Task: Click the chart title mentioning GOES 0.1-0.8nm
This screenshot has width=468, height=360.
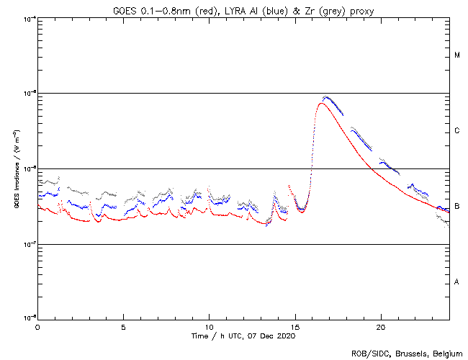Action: point(243,9)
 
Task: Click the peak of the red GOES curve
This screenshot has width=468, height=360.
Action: point(321,104)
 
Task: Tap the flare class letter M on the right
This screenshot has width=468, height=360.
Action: point(457,55)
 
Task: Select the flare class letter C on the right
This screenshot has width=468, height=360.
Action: point(457,131)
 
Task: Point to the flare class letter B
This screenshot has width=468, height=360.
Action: point(457,207)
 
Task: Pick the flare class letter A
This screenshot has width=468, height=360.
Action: point(457,282)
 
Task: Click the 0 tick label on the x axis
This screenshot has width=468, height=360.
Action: point(37,326)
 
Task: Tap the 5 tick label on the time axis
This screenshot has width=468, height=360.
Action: point(123,326)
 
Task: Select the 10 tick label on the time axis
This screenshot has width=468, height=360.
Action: point(209,326)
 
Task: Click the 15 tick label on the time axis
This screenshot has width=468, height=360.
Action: point(294,326)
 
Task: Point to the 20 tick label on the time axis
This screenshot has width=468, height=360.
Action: point(380,326)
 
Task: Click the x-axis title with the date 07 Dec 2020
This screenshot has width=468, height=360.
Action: point(243,336)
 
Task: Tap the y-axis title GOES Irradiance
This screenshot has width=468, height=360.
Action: point(15,168)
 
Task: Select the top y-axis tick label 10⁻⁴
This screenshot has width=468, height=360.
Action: point(29,19)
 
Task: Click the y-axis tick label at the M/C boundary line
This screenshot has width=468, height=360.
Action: point(29,94)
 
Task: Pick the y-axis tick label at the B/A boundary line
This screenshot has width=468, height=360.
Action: point(29,245)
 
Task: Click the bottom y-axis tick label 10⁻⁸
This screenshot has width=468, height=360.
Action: point(29,318)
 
